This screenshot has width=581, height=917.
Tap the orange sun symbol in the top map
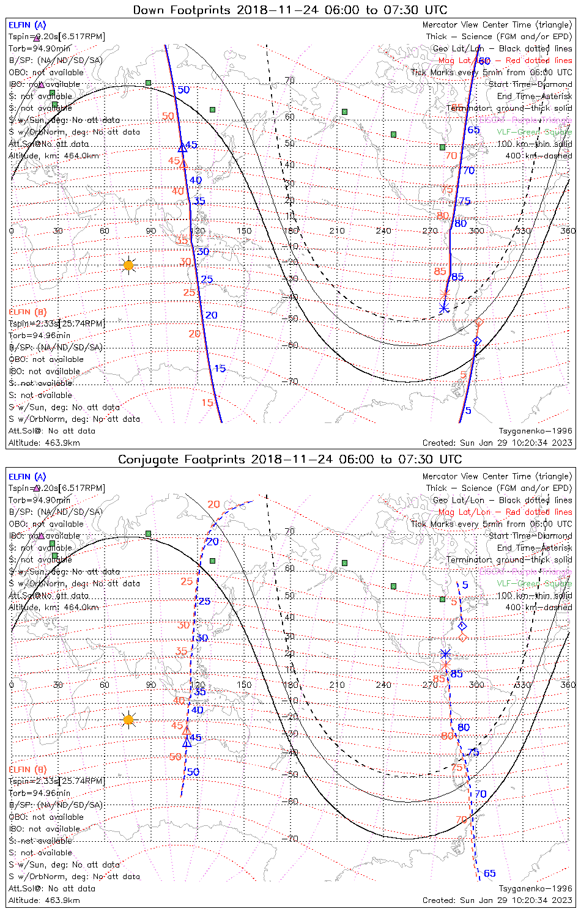coord(128,265)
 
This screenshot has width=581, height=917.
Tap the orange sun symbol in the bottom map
coord(128,720)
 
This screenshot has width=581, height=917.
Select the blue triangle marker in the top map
coord(182,148)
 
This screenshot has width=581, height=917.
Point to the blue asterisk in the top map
coord(444,308)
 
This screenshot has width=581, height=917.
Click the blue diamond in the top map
coord(477,341)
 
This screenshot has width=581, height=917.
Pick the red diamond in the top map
coord(479,322)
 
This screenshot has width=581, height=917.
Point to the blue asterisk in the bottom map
coord(445,654)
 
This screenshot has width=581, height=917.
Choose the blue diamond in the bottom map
coord(462,626)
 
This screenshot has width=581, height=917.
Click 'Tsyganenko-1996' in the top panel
coord(535,431)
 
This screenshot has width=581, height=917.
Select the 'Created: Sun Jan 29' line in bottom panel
coord(497,900)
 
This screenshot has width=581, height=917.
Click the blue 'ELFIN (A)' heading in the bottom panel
coord(28,477)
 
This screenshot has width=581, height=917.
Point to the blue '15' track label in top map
coord(220,369)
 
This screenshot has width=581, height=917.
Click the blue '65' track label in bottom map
coord(490,874)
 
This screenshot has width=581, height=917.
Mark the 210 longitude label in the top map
coord(337,231)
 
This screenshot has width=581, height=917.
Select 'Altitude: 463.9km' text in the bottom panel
coord(44,900)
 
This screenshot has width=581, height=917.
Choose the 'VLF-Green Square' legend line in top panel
coord(534,132)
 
